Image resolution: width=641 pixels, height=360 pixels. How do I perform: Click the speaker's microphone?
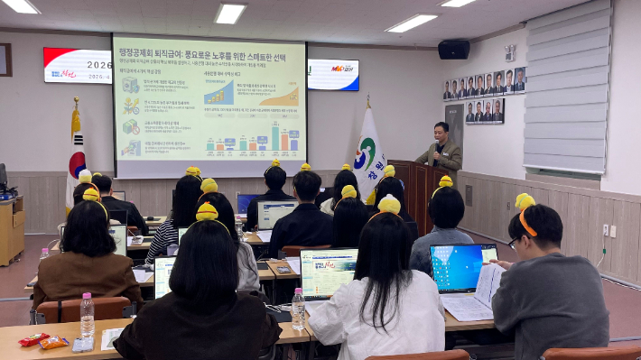coord(437,144)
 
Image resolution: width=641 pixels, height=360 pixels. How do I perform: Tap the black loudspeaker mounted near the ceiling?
coord(453,49)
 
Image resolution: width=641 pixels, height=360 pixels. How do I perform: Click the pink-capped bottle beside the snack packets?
coord(87,316)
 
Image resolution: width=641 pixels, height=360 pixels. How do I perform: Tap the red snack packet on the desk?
coord(33,339)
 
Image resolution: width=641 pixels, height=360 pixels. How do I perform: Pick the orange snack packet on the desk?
coord(54,343)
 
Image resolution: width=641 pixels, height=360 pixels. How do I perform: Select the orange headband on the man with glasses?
coord(526,222)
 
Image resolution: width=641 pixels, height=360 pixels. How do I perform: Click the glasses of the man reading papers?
coord(512,242)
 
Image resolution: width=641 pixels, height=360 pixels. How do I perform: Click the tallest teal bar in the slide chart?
coord(274,136)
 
